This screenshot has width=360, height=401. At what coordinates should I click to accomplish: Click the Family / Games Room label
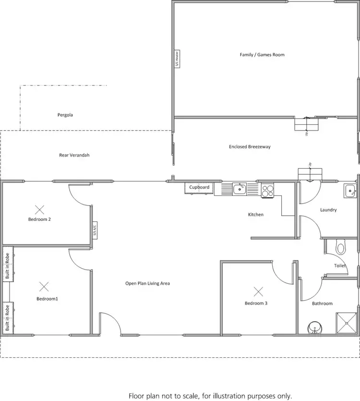click(262, 55)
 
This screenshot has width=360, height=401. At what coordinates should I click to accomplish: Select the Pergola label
click(65, 115)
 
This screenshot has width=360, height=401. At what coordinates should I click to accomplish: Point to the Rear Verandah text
click(74, 155)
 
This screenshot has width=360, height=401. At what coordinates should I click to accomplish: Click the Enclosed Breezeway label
click(250, 146)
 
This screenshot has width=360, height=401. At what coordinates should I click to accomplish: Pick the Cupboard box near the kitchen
click(199, 187)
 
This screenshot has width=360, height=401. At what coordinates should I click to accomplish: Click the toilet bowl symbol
click(341, 247)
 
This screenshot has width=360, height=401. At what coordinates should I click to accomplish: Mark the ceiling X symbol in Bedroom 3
click(259, 291)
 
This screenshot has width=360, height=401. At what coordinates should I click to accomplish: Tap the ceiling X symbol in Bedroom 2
click(39, 209)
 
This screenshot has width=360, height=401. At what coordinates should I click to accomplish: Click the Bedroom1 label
click(47, 299)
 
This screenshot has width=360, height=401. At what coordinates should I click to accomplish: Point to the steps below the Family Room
click(306, 124)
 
